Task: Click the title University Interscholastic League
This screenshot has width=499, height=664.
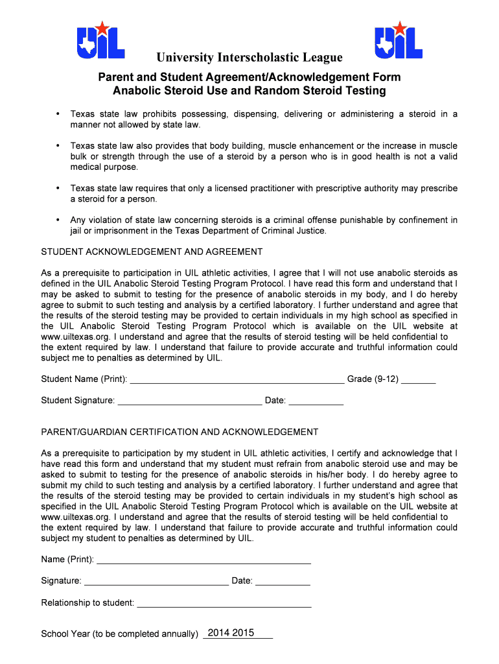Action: click(249, 58)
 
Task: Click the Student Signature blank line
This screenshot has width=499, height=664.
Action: click(190, 401)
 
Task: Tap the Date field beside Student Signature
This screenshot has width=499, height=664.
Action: click(316, 401)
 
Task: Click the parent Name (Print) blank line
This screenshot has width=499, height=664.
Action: click(203, 560)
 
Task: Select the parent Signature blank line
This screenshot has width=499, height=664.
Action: click(156, 582)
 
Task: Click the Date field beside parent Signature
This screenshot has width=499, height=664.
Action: click(283, 582)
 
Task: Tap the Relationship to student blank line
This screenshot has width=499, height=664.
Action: click(224, 604)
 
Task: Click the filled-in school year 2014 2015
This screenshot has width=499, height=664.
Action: click(231, 633)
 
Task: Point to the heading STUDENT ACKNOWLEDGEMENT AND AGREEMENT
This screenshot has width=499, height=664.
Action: click(152, 252)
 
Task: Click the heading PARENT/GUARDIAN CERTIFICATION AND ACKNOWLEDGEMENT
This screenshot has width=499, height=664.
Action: click(180, 432)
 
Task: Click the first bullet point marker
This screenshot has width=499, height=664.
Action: click(58, 114)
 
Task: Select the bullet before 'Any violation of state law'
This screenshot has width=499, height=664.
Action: click(58, 220)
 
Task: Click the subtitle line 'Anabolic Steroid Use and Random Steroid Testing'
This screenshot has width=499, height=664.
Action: click(249, 91)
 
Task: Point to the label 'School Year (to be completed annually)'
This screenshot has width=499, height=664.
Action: click(119, 634)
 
